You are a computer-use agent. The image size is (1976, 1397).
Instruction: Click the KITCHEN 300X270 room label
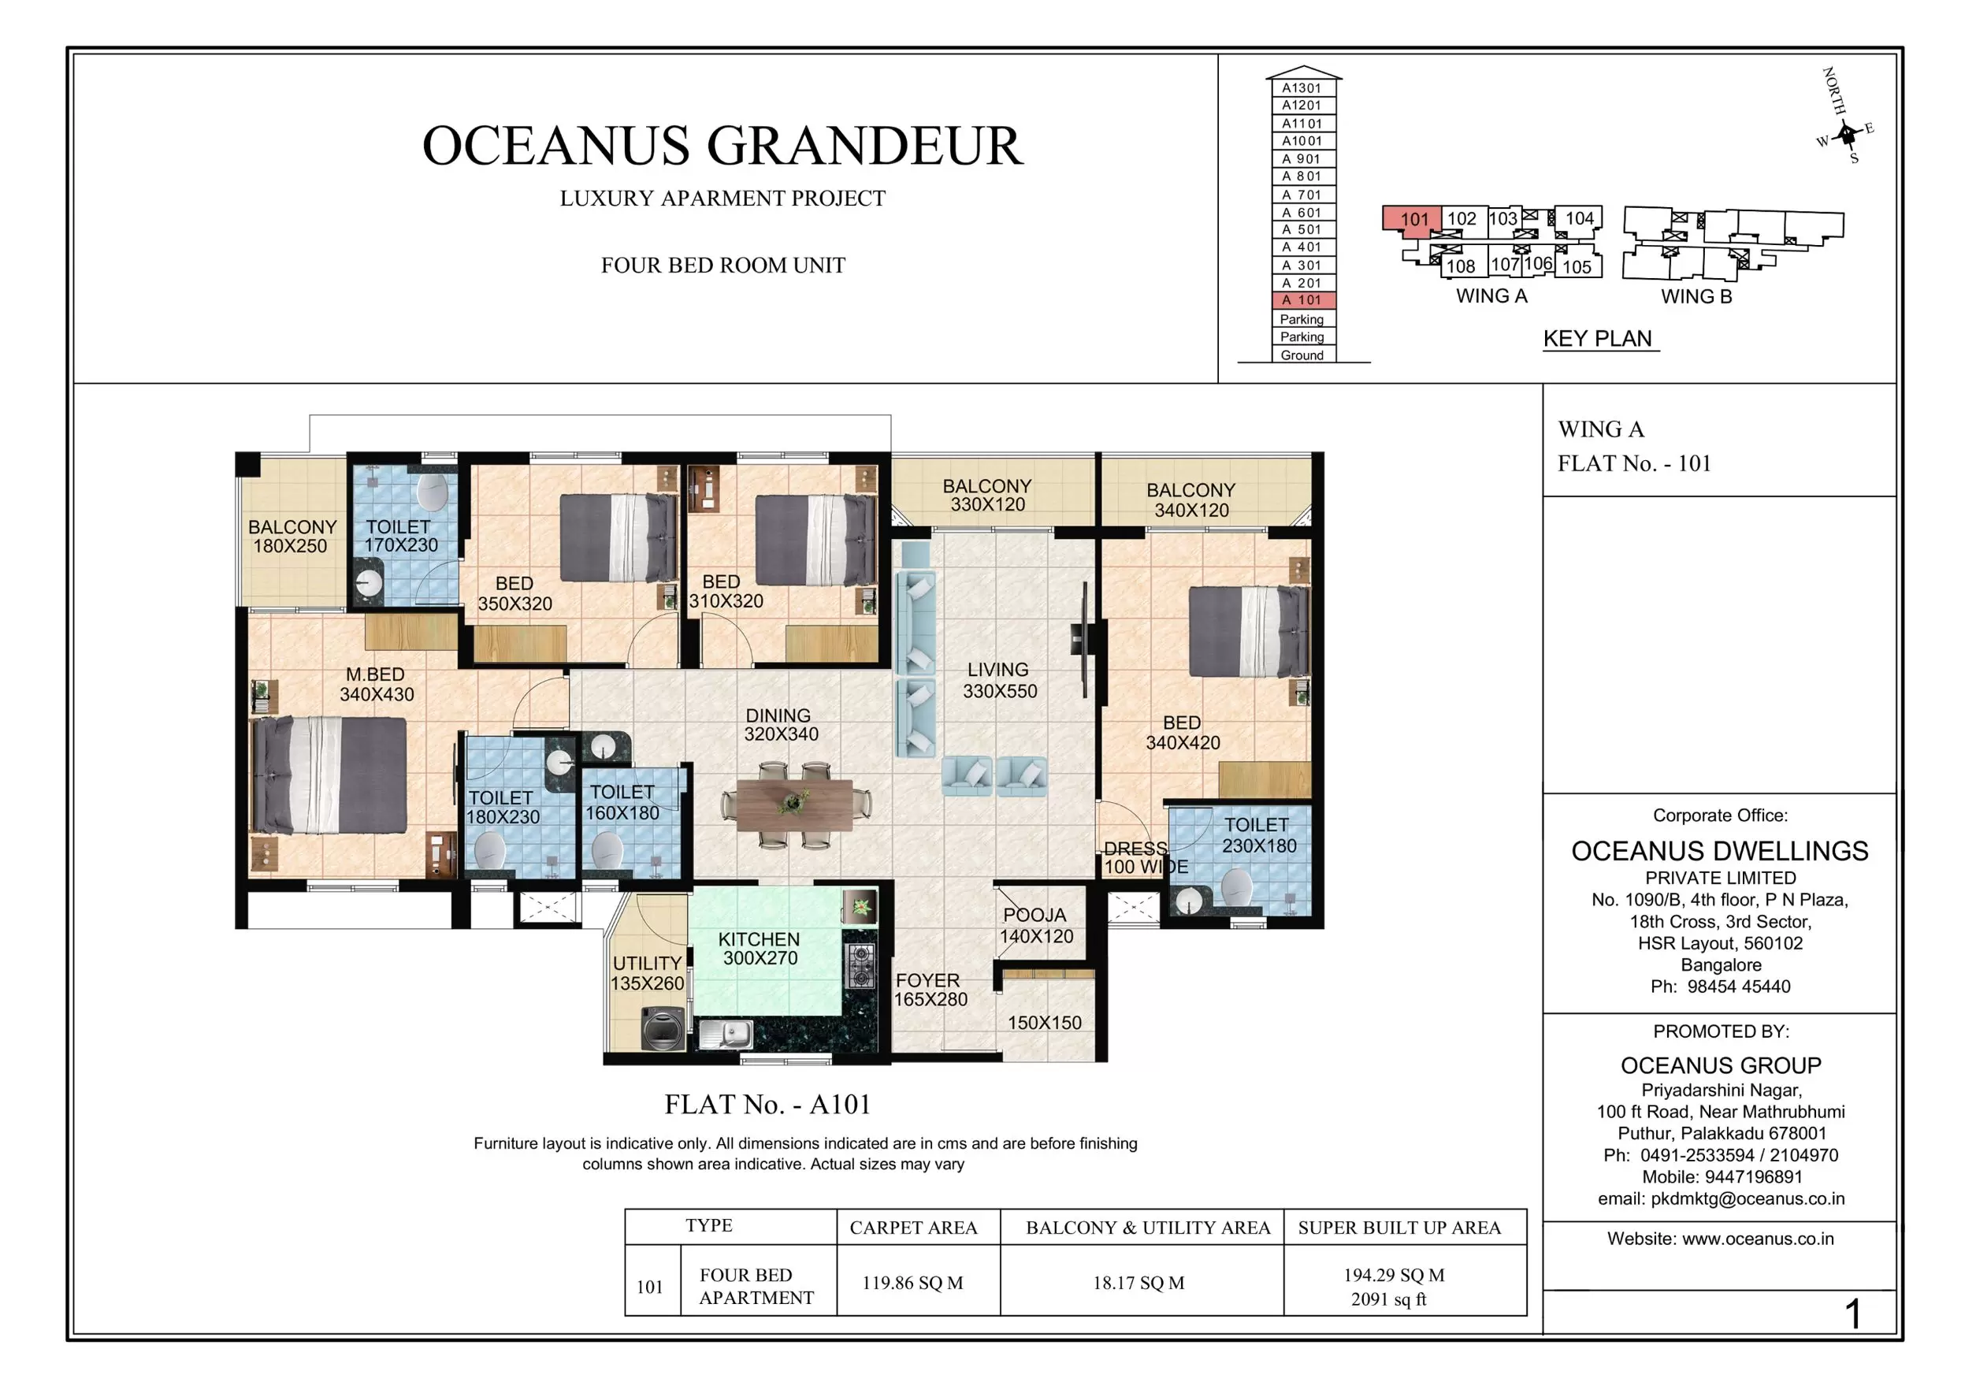(759, 949)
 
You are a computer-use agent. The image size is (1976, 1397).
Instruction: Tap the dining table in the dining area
(793, 804)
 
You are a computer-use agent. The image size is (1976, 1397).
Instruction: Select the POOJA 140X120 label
(1035, 925)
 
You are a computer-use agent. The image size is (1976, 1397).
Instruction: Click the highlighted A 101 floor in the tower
(1303, 300)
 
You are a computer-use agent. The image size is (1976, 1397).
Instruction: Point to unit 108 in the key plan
(1461, 266)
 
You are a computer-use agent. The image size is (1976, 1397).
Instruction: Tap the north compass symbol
(1846, 133)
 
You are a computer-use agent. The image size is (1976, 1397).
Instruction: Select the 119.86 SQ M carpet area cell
(912, 1283)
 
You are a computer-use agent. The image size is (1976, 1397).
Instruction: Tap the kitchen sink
(726, 1033)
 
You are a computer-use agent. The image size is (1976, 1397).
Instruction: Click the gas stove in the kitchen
(861, 966)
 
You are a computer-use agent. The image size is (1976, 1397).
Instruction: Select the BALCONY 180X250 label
(292, 537)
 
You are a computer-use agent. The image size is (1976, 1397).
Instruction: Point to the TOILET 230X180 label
(1257, 835)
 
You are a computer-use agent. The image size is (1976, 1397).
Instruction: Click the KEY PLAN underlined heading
(1597, 338)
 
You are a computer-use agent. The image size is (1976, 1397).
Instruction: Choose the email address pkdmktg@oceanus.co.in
(1746, 1198)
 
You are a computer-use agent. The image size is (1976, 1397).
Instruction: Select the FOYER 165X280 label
(930, 990)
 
